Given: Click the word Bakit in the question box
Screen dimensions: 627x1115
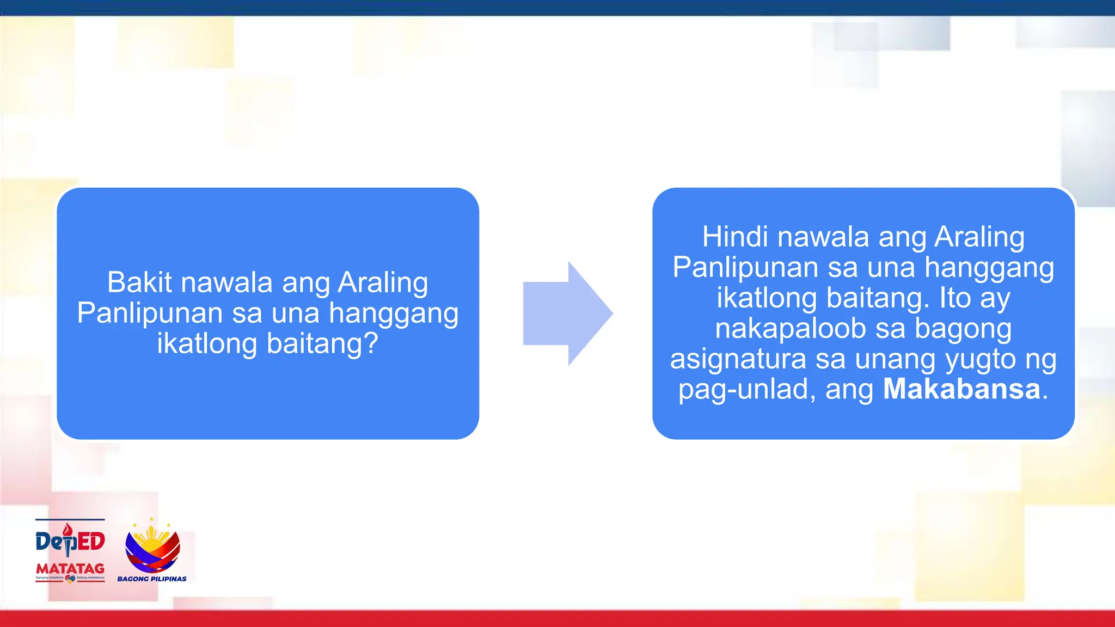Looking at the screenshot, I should (139, 282).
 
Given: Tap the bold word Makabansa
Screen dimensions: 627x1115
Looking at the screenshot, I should (961, 389).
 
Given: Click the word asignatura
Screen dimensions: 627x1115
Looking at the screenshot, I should (738, 359).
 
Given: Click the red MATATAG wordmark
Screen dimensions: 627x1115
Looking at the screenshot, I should (70, 568).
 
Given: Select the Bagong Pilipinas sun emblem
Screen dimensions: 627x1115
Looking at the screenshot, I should (152, 546).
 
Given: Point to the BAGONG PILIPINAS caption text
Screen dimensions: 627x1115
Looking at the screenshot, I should (152, 579).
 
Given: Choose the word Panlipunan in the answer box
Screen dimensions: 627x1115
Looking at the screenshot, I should (745, 268).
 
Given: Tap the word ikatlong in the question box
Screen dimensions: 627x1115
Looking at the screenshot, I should (207, 344).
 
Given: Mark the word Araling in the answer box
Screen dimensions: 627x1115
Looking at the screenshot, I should (979, 237).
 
